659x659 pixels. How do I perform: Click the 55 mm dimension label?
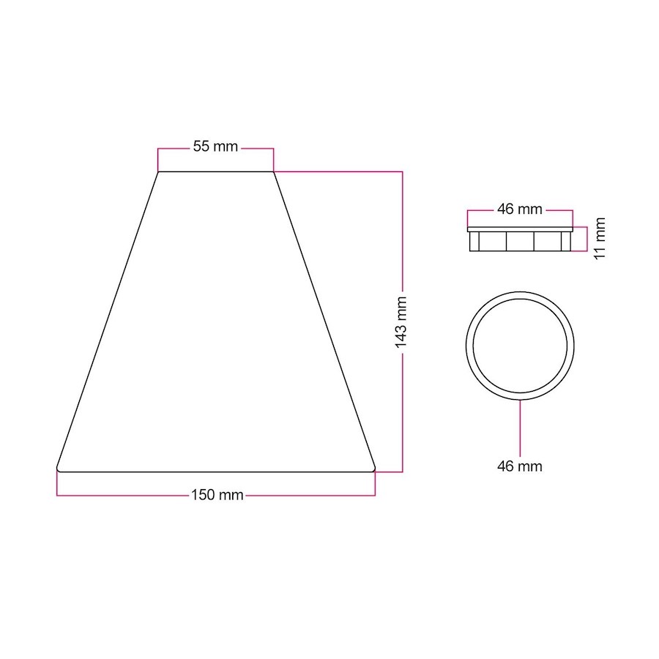[x=215, y=146]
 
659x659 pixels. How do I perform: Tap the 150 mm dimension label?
[x=217, y=495]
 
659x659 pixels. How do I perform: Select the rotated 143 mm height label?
[x=401, y=322]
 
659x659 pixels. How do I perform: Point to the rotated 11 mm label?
[x=600, y=239]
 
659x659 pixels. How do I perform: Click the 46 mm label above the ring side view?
[x=519, y=209]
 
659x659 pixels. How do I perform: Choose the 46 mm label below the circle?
[x=519, y=466]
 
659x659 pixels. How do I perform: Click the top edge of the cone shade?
[x=215, y=171]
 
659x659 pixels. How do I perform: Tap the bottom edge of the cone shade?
[x=215, y=472]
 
